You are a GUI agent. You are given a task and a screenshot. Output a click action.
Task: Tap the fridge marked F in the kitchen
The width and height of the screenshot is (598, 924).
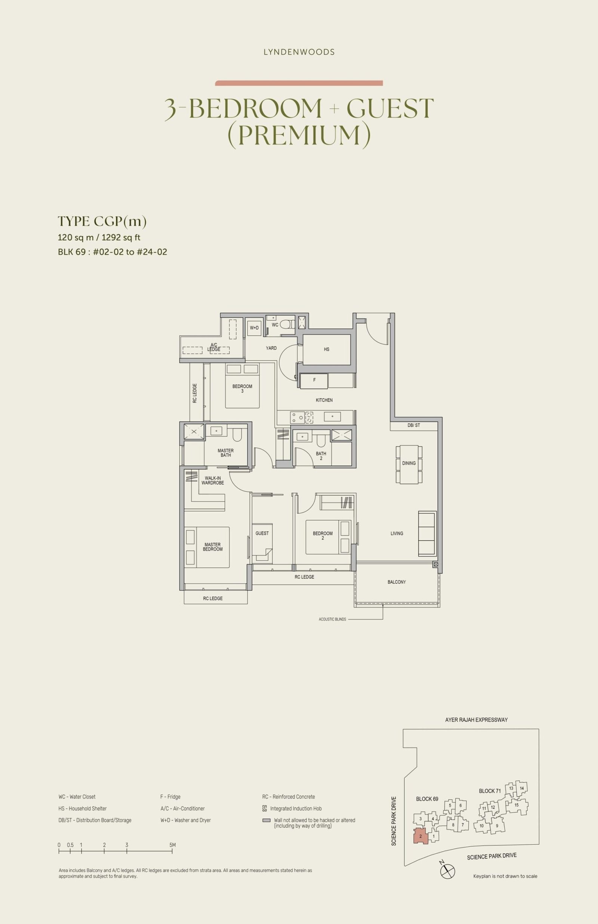pos(314,380)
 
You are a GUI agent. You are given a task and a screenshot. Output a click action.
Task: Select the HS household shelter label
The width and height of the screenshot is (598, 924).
pos(327,349)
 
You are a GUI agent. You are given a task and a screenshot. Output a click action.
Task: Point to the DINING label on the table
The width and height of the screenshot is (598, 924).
pos(409,463)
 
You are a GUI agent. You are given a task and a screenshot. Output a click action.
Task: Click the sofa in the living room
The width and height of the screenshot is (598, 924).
pos(427,533)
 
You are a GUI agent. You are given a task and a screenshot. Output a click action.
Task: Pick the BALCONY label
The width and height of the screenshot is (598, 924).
pos(397,582)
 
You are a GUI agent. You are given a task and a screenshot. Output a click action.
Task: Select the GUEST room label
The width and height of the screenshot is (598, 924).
pos(262,533)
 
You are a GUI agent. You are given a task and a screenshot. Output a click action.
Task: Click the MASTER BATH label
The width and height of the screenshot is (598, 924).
pos(226,453)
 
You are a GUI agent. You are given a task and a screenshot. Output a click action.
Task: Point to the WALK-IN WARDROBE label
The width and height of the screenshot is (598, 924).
pos(213,480)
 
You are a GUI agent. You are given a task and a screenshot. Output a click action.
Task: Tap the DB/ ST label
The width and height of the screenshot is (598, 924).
pos(414,425)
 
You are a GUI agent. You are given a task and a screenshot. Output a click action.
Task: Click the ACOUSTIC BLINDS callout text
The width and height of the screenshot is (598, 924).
pos(332,619)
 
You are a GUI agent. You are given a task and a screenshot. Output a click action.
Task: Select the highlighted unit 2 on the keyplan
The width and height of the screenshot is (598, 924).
pos(420,836)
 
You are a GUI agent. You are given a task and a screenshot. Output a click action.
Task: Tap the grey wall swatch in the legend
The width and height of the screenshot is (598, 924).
pos(266,820)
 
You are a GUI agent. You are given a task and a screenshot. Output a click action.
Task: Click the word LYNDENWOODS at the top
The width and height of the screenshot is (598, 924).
pos(299,52)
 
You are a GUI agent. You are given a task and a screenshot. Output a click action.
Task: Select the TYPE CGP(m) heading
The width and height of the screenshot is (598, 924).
pos(102,222)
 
